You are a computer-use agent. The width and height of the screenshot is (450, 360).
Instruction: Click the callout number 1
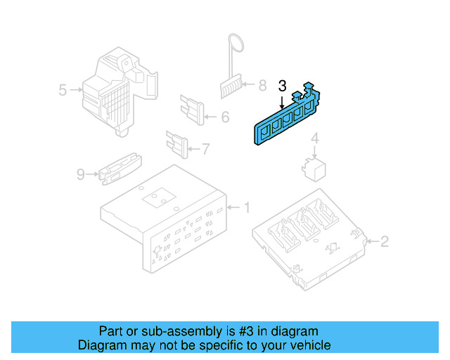247,207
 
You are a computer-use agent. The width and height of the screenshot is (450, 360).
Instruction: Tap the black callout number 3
282,86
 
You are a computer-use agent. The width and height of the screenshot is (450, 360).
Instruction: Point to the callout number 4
315,138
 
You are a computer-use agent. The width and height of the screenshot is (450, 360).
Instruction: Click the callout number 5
63,90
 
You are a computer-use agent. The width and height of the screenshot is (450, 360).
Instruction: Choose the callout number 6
225,117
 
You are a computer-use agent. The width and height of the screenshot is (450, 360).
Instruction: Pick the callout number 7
205,148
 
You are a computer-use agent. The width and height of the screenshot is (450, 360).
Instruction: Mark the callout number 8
262,86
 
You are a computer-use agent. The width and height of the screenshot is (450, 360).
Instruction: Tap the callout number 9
81,174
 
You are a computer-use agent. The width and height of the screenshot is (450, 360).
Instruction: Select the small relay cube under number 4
313,168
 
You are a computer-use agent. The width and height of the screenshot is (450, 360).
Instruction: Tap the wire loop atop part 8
236,44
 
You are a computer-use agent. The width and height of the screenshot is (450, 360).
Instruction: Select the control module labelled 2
309,239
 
